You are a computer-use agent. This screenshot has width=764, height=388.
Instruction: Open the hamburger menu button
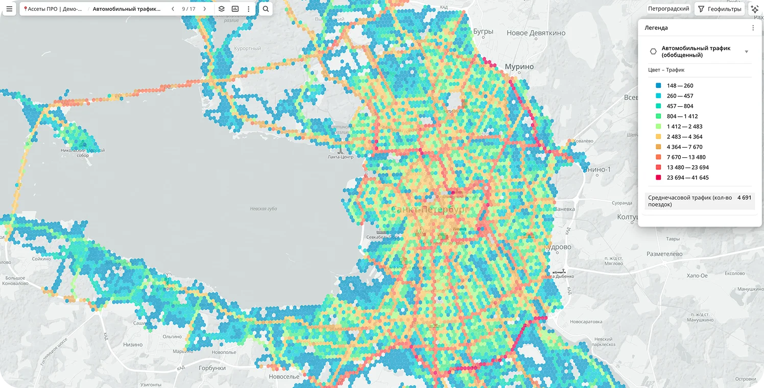9,9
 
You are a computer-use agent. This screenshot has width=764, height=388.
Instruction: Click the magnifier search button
266,9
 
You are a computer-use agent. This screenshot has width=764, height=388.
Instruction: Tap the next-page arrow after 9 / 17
205,9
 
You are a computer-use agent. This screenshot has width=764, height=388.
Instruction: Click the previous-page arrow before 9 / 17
173,9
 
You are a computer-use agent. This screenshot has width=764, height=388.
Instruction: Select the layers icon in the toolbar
222,9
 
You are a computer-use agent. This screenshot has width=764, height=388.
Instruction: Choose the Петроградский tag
668,9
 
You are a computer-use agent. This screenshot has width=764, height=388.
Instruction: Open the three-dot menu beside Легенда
753,28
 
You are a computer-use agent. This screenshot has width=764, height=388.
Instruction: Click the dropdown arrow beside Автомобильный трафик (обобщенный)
746,52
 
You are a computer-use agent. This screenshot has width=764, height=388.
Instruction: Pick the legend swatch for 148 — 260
658,86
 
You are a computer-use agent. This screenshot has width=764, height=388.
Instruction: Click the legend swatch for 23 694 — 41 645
658,178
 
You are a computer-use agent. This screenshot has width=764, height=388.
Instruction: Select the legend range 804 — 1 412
682,116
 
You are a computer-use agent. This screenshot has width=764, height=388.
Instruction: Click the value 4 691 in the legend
744,198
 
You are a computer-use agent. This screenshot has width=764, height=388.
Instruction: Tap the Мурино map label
519,67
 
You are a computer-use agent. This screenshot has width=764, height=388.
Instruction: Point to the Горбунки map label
212,368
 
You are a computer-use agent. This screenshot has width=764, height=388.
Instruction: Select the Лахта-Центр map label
340,157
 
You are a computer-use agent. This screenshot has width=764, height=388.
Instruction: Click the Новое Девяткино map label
536,33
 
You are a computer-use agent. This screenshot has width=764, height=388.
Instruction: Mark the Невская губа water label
264,208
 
